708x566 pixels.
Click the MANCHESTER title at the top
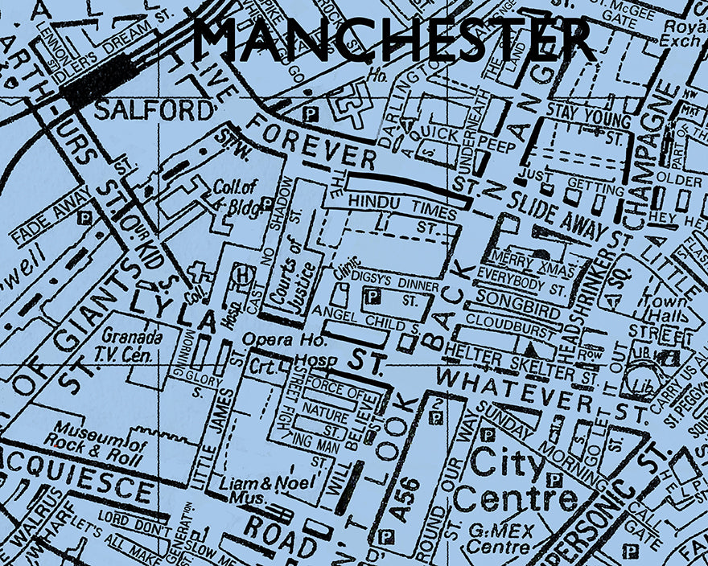pyautogui.click(x=393, y=39)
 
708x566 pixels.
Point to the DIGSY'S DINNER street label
pyautogui.click(x=396, y=285)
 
